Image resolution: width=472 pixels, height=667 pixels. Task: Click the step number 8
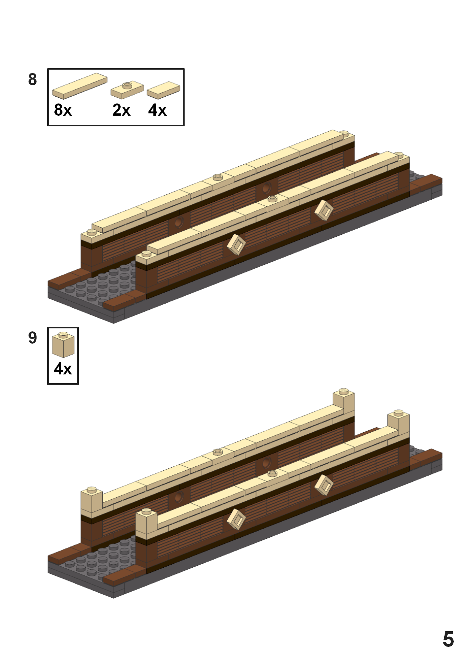tap(33, 80)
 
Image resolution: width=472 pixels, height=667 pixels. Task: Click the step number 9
tap(33, 338)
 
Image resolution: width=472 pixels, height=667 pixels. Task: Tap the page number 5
tap(448, 639)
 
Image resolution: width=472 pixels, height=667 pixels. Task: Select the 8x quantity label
tap(63, 110)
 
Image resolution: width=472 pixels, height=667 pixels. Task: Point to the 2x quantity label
tap(121, 110)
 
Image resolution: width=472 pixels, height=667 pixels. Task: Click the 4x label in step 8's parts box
tap(157, 110)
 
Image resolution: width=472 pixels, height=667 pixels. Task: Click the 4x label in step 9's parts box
tap(63, 369)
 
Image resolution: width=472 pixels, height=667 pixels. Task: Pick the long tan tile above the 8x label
tap(80, 86)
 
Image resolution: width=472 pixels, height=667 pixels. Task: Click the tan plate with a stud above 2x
tap(127, 90)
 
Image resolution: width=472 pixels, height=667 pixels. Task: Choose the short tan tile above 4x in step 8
tap(163, 90)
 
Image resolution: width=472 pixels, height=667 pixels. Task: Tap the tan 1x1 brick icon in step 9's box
tap(63, 345)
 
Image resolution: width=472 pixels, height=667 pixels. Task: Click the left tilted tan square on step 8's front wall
tap(236, 245)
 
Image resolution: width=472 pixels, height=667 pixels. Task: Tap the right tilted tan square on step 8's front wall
tap(324, 210)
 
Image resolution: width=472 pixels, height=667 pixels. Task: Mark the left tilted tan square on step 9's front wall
tap(236, 519)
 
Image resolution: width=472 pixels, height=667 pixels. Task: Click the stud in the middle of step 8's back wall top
tap(218, 177)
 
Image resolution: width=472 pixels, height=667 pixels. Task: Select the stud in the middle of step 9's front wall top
tap(272, 473)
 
